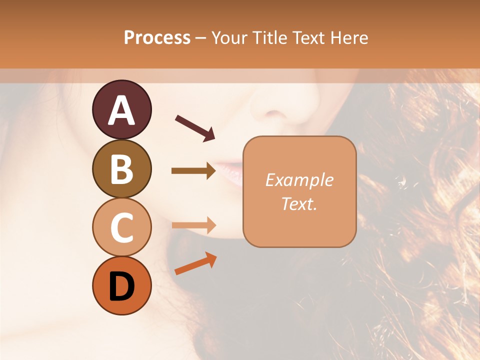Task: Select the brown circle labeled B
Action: pos(121,168)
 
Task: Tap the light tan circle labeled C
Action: pos(121,227)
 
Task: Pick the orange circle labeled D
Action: pos(121,286)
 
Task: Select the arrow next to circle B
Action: pos(193,171)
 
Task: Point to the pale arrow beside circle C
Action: pos(193,225)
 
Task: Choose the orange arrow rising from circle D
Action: pos(195,264)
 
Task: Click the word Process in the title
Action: pos(157,37)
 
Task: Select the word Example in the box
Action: pos(299,180)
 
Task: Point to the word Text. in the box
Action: pos(299,203)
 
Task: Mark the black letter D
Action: pos(121,287)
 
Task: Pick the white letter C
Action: pos(121,228)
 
